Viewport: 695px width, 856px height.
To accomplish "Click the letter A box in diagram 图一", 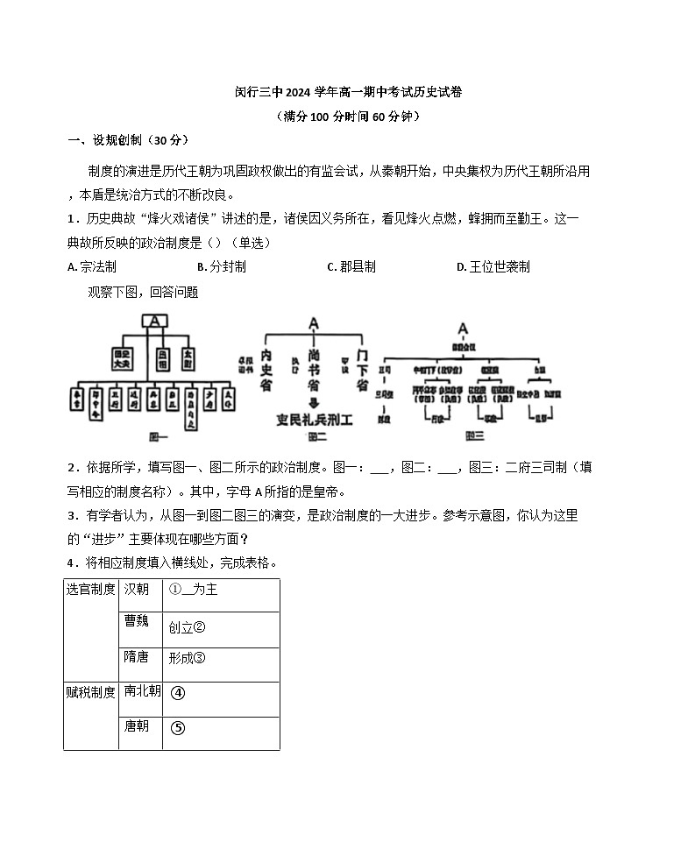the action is pos(154,322).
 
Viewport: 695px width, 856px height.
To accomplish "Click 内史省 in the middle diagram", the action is pos(267,371).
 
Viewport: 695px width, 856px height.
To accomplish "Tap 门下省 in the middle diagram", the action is pos(362,371).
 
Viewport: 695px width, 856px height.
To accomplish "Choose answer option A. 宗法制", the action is pos(92,267).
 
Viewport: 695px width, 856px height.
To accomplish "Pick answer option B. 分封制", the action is pos(222,267).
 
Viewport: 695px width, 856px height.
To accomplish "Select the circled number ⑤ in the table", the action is pos(178,727).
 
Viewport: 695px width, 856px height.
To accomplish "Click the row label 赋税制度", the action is pos(91,692).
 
